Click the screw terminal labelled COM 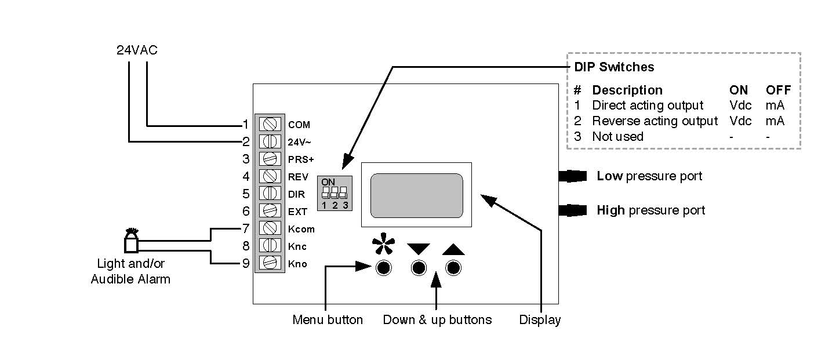270,124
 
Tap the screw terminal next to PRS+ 270,158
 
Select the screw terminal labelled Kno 270,263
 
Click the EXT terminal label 297,212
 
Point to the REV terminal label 298,177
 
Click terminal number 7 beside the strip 246,228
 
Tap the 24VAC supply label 137,50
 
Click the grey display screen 416,195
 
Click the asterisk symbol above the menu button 383,244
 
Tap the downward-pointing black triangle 419,249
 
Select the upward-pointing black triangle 453,249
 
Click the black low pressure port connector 573,176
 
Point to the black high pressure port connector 573,210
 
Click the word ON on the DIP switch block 328,182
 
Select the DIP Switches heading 614,67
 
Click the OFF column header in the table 778,90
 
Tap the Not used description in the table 617,137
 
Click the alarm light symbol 131,241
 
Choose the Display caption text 540,319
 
